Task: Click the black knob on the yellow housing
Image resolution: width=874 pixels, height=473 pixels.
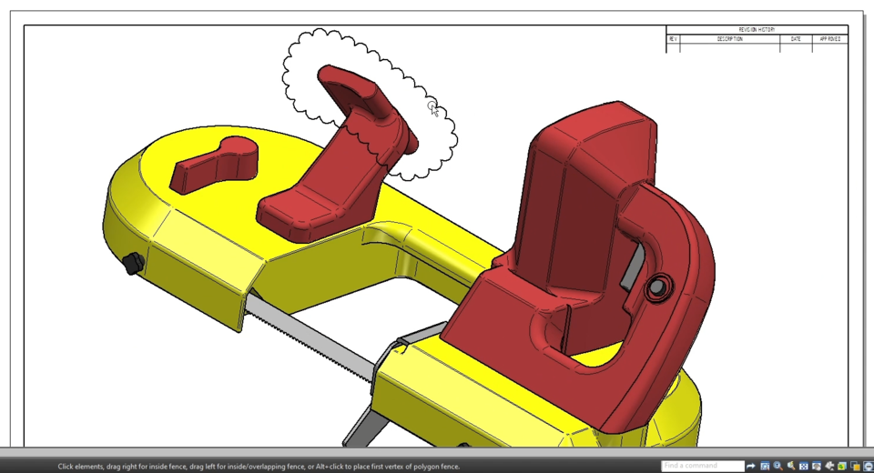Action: [132, 265]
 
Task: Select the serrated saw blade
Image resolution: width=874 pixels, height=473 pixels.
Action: [310, 337]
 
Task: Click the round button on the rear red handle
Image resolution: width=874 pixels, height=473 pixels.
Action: [655, 287]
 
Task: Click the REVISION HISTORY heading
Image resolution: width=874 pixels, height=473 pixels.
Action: [757, 30]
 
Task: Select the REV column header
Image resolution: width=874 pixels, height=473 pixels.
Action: [673, 39]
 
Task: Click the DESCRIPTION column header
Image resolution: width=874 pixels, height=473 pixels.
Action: [729, 39]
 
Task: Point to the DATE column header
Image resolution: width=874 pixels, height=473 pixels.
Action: [796, 39]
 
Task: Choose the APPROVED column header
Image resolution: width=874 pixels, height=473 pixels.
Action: [829, 39]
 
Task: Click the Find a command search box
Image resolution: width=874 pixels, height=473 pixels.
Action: [701, 466]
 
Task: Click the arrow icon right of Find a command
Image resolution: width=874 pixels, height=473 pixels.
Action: [751, 466]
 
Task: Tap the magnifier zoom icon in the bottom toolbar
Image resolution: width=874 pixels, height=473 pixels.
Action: [777, 466]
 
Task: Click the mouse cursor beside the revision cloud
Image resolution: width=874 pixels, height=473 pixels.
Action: [433, 108]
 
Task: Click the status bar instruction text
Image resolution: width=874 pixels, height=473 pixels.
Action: [259, 467]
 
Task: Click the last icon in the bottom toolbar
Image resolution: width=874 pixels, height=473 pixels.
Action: [868, 466]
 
